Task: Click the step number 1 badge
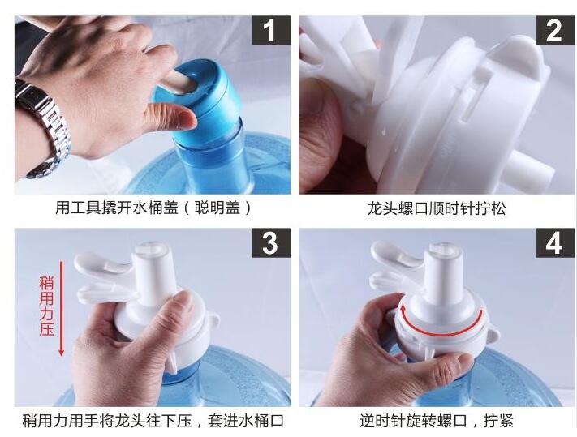click(x=271, y=31)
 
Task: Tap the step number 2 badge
click(x=554, y=31)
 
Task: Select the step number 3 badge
click(x=271, y=243)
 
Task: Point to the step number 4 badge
click(x=554, y=243)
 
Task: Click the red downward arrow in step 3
click(x=62, y=308)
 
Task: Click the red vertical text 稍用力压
click(x=47, y=306)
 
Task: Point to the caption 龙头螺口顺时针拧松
click(x=437, y=208)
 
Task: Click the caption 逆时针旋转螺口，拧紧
click(x=437, y=421)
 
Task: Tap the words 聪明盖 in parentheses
click(x=217, y=208)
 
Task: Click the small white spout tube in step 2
click(x=532, y=166)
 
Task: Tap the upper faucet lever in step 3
click(x=104, y=262)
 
